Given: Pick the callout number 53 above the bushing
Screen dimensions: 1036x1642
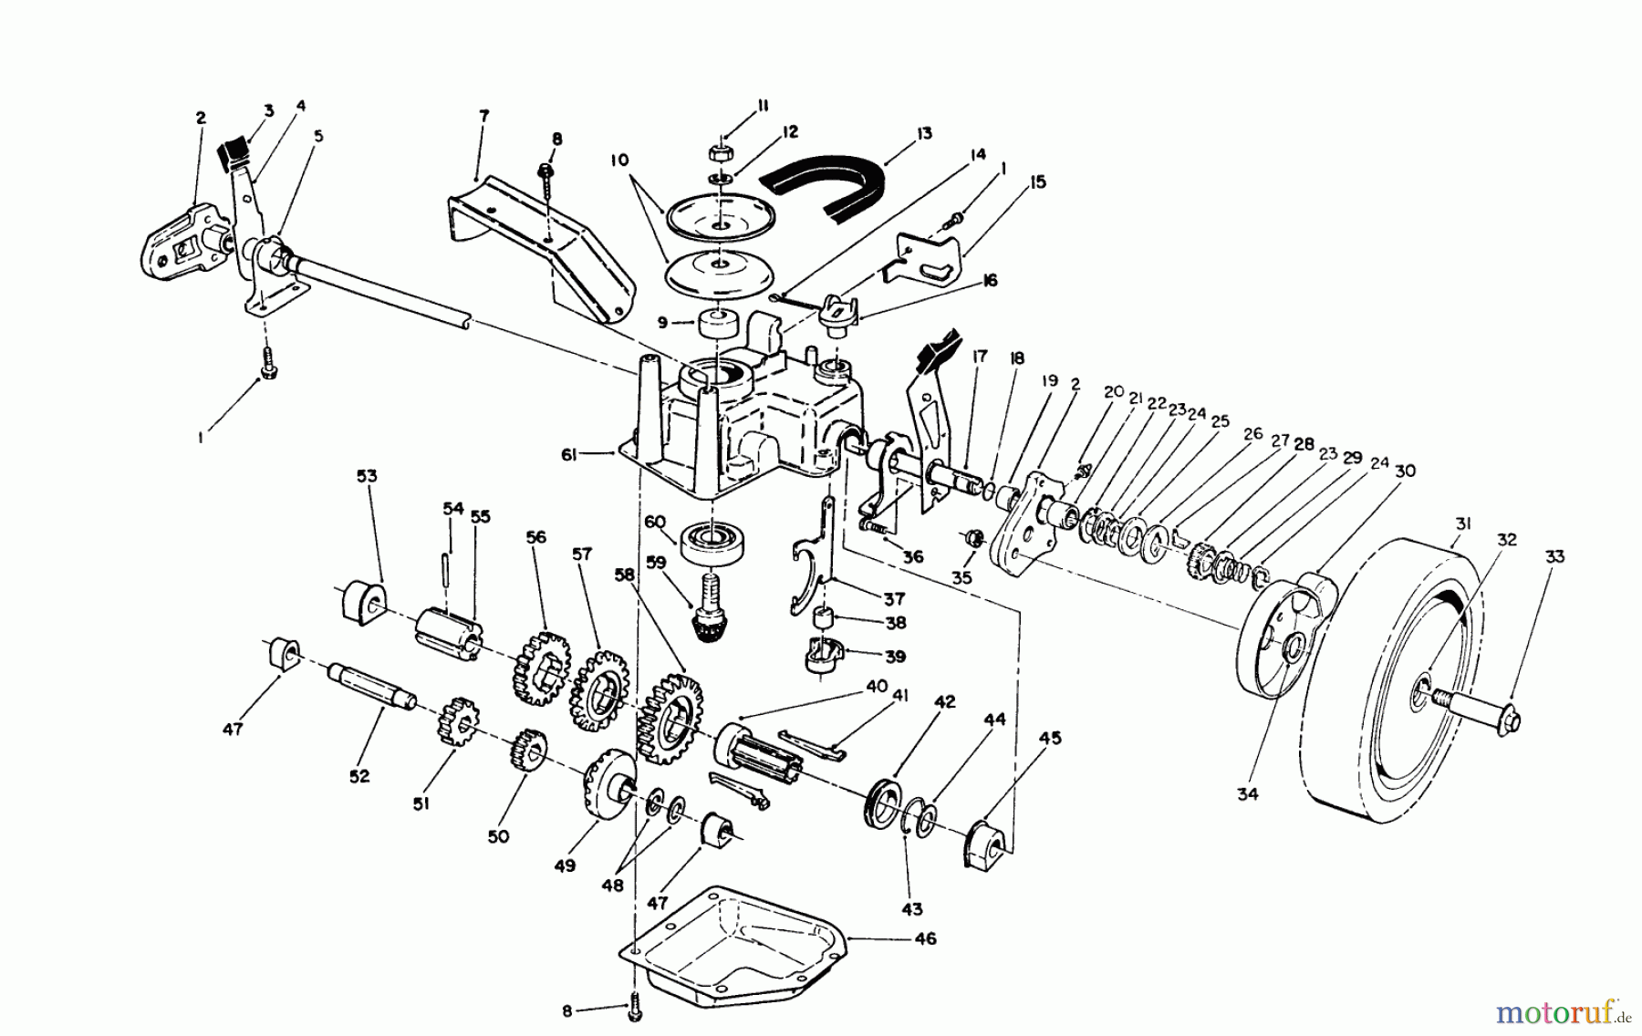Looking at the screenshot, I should pyautogui.click(x=367, y=476).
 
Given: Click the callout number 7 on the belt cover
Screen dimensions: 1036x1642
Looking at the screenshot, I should pyautogui.click(x=484, y=116).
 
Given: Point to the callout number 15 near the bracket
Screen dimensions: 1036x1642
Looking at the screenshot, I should pyautogui.click(x=1036, y=182).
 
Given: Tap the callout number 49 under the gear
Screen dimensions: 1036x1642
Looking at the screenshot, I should pyautogui.click(x=565, y=865).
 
